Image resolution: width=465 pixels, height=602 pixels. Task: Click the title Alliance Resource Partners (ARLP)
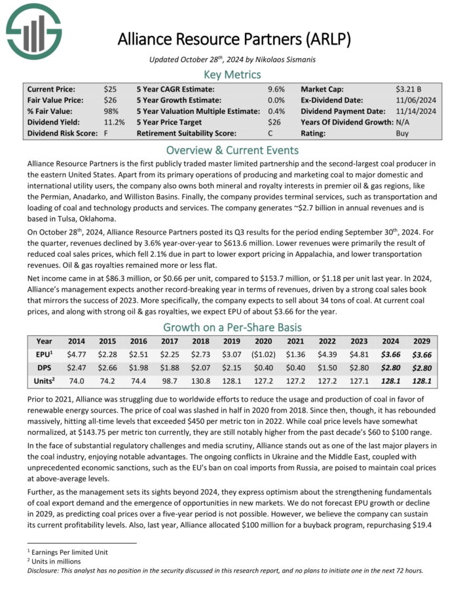click(x=234, y=39)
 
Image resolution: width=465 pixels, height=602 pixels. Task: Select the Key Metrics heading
click(x=232, y=74)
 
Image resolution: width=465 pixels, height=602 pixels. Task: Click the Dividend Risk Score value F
click(x=106, y=132)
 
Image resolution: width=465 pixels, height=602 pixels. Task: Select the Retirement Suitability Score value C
click(x=270, y=132)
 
